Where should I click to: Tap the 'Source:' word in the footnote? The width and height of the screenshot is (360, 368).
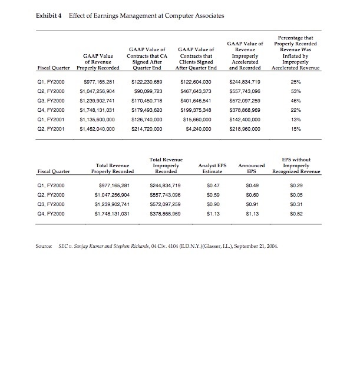click(44, 245)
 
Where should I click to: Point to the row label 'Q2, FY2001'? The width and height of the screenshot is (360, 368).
click(50, 127)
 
